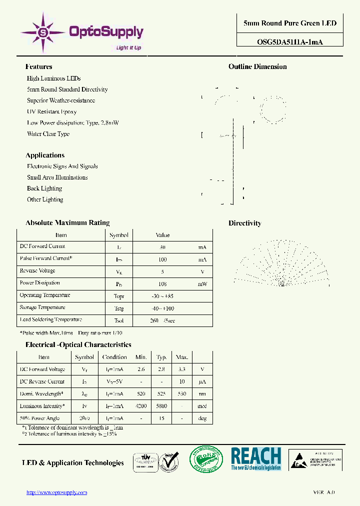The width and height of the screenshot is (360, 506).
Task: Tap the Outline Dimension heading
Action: (x=257, y=66)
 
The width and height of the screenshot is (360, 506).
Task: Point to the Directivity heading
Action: (x=244, y=223)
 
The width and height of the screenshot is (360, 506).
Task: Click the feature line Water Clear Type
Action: (x=48, y=134)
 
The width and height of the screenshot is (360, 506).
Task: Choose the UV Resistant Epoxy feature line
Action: (x=51, y=111)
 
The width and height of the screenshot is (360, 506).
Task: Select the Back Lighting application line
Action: (x=44, y=188)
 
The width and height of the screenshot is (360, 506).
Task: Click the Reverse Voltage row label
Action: (x=37, y=271)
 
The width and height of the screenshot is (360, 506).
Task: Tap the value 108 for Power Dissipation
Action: (x=162, y=283)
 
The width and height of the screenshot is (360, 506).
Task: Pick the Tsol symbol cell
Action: (x=118, y=320)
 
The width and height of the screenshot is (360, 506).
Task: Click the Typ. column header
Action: (x=161, y=357)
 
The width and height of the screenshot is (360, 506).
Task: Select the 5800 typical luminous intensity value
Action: (x=161, y=406)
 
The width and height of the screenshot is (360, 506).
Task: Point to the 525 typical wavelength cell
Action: (x=161, y=394)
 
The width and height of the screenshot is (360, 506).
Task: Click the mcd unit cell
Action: (x=202, y=406)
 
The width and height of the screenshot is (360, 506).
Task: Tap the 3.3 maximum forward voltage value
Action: (x=181, y=369)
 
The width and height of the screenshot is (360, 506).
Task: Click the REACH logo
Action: (x=255, y=458)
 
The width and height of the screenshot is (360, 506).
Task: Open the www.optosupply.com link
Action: (x=56, y=492)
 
